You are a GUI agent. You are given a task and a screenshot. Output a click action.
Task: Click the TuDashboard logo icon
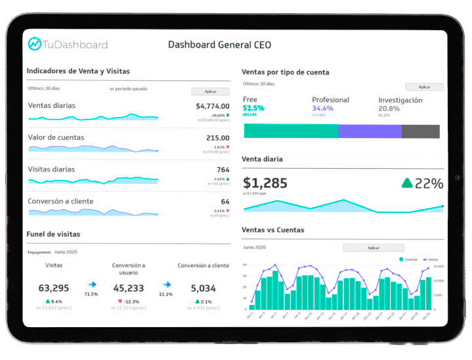click(35, 44)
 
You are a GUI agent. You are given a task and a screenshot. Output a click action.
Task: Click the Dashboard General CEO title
click(219, 45)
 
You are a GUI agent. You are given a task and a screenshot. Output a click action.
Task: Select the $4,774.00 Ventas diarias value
click(213, 106)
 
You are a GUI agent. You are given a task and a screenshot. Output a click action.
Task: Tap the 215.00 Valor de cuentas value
click(218, 138)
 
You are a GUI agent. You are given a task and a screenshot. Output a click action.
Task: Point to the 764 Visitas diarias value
click(223, 169)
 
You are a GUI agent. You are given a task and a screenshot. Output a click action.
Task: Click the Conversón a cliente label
click(60, 201)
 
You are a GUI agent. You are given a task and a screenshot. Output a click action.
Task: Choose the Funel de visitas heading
click(53, 234)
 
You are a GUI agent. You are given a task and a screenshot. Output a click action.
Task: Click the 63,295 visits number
click(54, 288)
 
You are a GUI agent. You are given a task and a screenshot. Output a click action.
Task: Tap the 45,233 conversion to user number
click(129, 288)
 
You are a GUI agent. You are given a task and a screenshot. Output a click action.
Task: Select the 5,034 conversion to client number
click(203, 288)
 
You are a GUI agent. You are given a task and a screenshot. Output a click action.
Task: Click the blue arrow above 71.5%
click(91, 284)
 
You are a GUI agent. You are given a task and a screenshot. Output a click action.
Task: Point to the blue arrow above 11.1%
click(166, 284)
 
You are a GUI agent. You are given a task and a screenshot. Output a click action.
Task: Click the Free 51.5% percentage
click(253, 108)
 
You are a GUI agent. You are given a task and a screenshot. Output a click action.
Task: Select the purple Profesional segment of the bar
click(370, 131)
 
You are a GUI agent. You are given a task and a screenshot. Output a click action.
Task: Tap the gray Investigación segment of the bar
click(420, 131)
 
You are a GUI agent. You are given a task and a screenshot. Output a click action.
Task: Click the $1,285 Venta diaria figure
click(265, 183)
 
